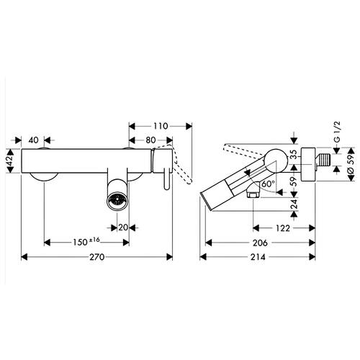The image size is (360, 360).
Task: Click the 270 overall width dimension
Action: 97,257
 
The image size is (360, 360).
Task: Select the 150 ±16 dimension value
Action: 86,242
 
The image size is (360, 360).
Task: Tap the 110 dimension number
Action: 161,126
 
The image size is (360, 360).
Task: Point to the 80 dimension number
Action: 150,140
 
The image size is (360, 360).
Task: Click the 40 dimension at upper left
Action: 33,140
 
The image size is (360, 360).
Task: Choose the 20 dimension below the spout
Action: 123,228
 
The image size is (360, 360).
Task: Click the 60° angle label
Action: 268,184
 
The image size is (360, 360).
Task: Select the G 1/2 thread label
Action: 337,132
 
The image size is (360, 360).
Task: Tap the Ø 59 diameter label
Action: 350,164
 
